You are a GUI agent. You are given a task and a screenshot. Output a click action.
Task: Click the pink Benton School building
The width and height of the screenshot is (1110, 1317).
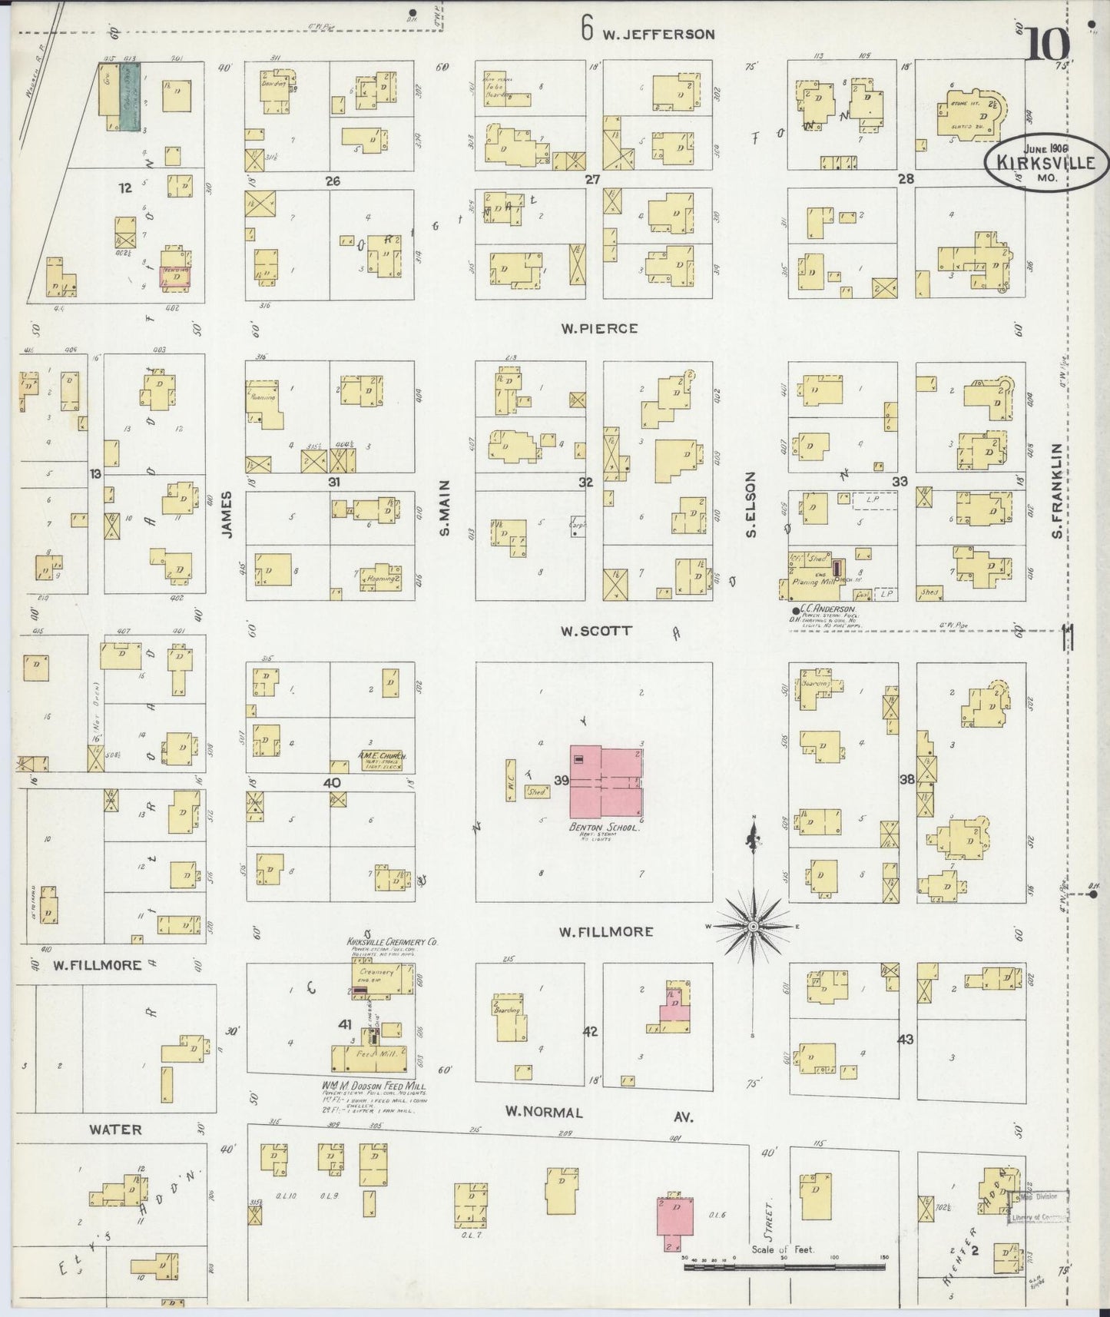tap(605, 782)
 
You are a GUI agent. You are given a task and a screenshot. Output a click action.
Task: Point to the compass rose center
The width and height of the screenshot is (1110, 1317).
tap(754, 927)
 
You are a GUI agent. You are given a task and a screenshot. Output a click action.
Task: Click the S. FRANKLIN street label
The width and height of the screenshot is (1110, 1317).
tap(1058, 491)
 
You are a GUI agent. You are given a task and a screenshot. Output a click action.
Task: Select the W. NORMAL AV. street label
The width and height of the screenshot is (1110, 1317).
tap(599, 1113)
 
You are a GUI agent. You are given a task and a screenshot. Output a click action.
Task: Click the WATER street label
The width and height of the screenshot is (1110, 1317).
tap(115, 1130)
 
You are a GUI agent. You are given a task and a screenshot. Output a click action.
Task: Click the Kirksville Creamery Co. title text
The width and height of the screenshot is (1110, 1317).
tap(392, 941)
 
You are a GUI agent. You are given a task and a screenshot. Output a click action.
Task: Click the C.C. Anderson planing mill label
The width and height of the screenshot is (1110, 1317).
tap(826, 609)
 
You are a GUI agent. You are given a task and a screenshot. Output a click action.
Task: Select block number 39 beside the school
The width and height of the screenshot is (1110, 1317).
tap(561, 781)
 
